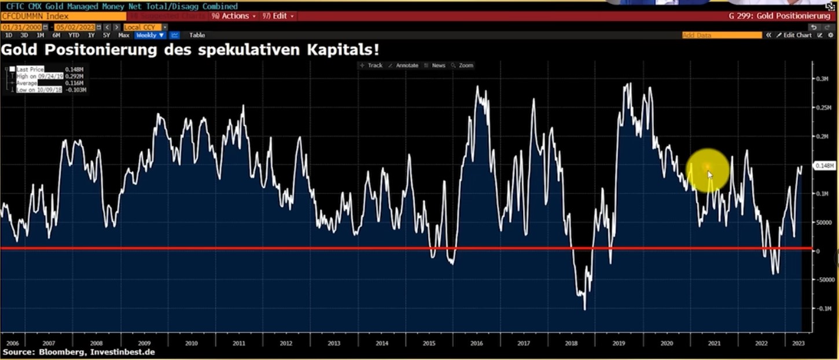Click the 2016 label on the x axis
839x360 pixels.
pos(477,343)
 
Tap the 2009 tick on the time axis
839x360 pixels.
pos(143,343)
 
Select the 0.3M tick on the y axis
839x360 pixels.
pos(822,79)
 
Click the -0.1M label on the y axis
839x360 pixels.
pos(822,308)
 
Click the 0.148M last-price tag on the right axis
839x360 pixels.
pos(824,166)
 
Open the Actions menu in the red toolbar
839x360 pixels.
pos(235,16)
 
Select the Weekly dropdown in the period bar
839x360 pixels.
pos(150,35)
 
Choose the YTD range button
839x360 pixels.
pos(73,35)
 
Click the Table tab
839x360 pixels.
pos(197,35)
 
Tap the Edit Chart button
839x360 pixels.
pos(797,35)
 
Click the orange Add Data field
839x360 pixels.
pos(722,35)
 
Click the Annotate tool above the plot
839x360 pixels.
pos(407,65)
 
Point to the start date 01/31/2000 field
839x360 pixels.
pos(21,27)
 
